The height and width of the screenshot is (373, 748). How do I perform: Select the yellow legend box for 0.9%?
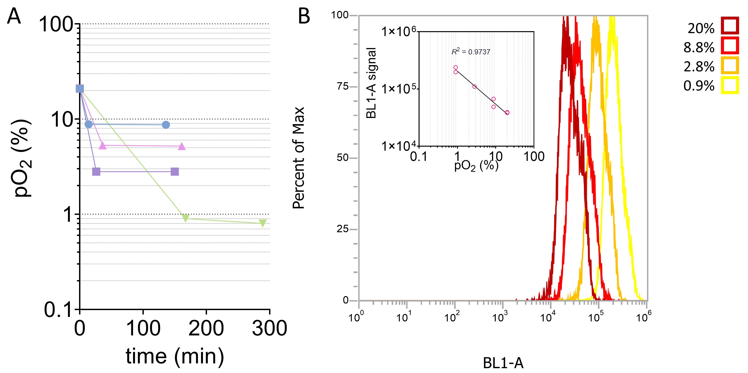(x=730, y=85)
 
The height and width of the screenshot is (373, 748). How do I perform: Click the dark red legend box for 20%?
(x=730, y=26)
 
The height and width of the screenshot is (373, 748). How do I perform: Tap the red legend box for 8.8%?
(x=730, y=46)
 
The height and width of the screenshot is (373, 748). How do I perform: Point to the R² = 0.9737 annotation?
(x=471, y=52)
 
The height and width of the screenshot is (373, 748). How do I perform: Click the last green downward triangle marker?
(x=263, y=223)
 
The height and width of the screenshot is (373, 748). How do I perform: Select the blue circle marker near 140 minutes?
(x=166, y=125)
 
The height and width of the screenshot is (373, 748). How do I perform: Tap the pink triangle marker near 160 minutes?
(x=182, y=146)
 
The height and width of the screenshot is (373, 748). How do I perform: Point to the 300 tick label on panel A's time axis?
(x=269, y=328)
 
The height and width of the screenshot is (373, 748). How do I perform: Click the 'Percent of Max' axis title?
(x=298, y=158)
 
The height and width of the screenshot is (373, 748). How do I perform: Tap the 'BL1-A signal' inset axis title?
(x=371, y=83)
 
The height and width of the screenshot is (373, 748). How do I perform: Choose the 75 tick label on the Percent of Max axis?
(x=343, y=86)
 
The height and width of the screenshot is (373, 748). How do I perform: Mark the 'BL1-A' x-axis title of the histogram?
(x=503, y=363)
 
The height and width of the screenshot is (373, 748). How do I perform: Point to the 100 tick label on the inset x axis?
(x=534, y=157)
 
